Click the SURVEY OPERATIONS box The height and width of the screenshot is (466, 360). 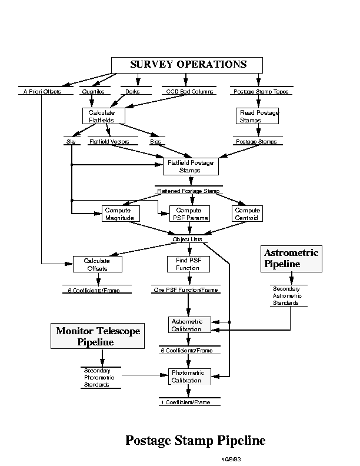(188, 65)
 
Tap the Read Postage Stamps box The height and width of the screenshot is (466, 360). (257, 116)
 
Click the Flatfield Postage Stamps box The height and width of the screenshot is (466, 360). (190, 166)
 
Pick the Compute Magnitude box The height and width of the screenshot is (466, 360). (121, 214)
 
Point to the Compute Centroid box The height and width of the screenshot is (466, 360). (247, 214)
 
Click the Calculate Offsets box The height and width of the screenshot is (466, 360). (97, 264)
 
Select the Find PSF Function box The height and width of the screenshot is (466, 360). (188, 264)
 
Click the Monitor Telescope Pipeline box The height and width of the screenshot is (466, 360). (98, 337)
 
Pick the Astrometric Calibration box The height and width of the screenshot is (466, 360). (188, 325)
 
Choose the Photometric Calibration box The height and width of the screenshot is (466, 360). (188, 376)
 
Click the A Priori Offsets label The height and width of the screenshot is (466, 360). (42, 92)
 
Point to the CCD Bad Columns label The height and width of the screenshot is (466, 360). (189, 92)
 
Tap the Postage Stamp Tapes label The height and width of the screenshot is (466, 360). (261, 92)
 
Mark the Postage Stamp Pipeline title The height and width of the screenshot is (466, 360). (195, 440)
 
